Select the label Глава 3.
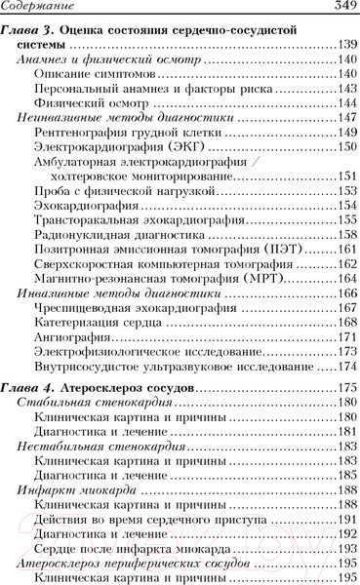click(29, 30)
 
